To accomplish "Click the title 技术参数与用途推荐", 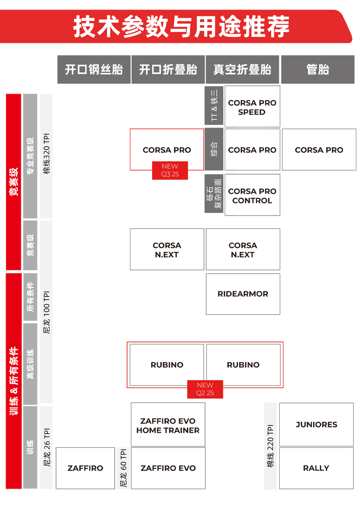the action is [181, 26].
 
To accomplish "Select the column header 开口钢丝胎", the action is [94, 69].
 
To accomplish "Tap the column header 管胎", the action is [318, 69].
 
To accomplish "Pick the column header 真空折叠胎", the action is [242, 69].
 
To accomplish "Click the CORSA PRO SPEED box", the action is [252, 106].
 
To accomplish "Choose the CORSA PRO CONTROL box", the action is [252, 195].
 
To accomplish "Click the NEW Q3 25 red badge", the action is [170, 170].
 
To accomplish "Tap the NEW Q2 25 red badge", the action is [205, 389].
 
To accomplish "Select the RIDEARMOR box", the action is [243, 294].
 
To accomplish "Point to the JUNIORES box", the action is [316, 424].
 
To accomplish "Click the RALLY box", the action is [316, 468].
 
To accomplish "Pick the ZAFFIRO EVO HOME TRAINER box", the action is [168, 424].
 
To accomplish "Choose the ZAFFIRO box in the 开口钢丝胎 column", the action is [85, 468].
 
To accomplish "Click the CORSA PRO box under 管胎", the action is [319, 150].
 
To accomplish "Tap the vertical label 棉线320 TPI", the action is [46, 154].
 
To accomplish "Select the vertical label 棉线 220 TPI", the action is [271, 446].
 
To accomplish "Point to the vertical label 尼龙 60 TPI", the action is [123, 468].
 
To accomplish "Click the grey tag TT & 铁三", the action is [214, 105].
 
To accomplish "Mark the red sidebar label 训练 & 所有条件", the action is [14, 381].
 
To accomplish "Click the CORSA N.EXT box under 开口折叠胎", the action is [167, 249].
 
